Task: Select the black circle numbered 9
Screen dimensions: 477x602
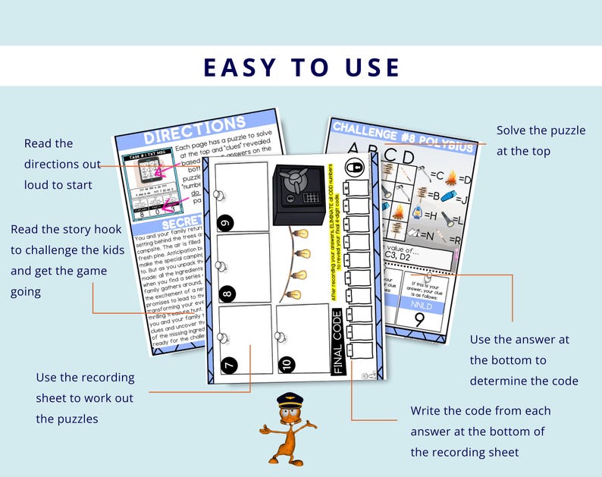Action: point(226,222)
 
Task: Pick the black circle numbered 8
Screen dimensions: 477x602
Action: point(227,293)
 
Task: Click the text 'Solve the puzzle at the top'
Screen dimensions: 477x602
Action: point(541,140)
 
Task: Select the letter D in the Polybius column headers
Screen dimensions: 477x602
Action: point(408,157)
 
